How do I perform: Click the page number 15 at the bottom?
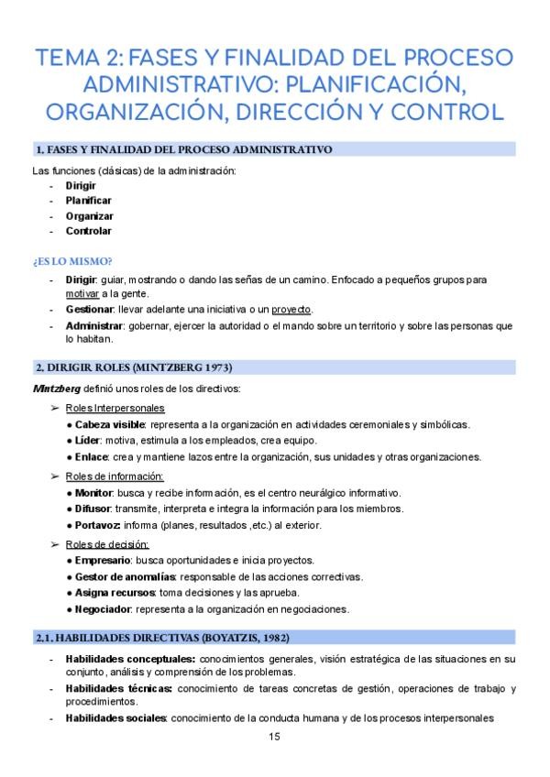tap(274, 737)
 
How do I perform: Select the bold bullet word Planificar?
tap(89, 200)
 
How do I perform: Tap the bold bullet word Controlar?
tap(89, 231)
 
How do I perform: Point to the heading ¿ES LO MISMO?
tap(72, 261)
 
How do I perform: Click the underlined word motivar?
tap(81, 293)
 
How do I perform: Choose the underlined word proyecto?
tap(291, 309)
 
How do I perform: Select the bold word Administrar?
tap(94, 325)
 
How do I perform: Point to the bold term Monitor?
tap(95, 493)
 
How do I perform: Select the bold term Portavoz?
tap(99, 524)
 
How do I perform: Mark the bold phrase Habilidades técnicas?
tap(118, 688)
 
